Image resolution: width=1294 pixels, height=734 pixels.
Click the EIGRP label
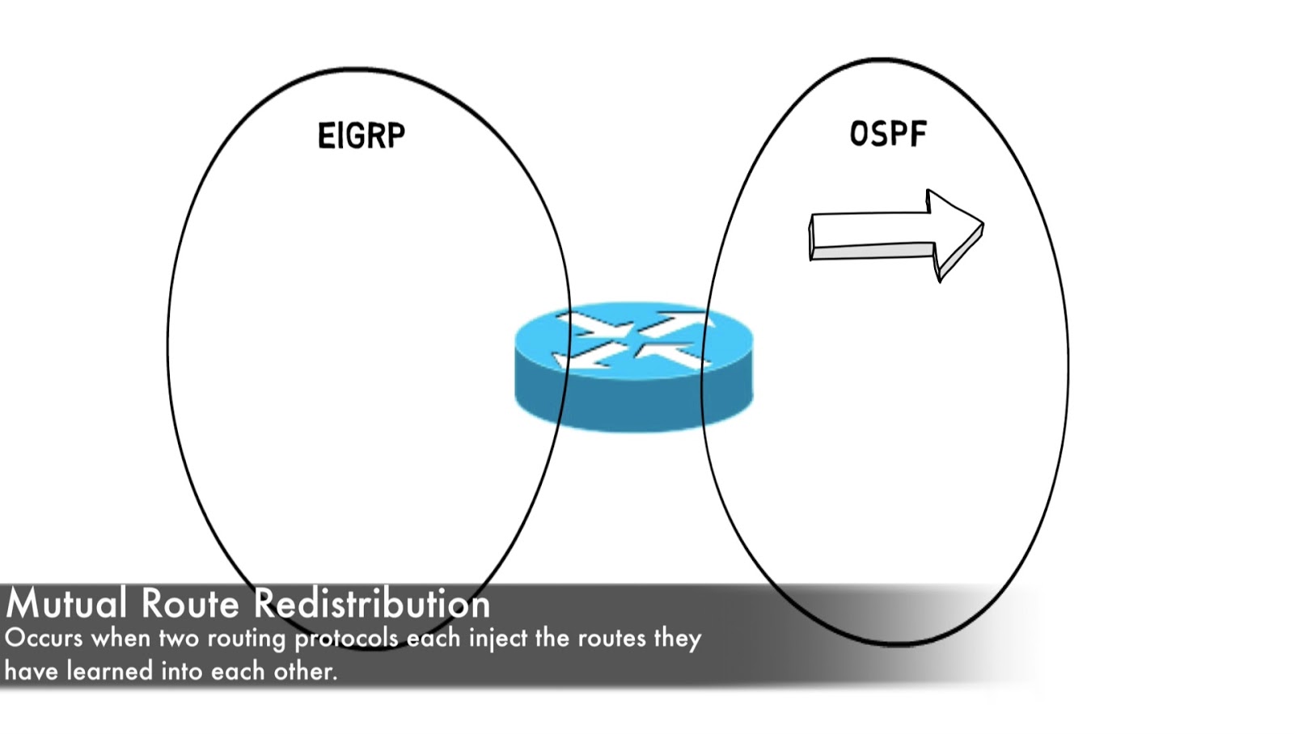361,135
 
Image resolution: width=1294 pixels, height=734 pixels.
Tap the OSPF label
887,134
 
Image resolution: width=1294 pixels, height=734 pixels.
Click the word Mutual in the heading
66,604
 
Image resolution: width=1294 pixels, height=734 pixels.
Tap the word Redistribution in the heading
371,604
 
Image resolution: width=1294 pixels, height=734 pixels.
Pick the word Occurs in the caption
44,638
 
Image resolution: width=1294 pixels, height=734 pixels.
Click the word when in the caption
121,638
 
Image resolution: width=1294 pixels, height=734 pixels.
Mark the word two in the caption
178,638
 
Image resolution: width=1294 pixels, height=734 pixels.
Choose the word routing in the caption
247,639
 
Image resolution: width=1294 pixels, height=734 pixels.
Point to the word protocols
346,639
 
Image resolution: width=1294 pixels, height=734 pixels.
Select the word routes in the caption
611,638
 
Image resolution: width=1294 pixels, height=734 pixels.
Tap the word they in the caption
678,639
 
